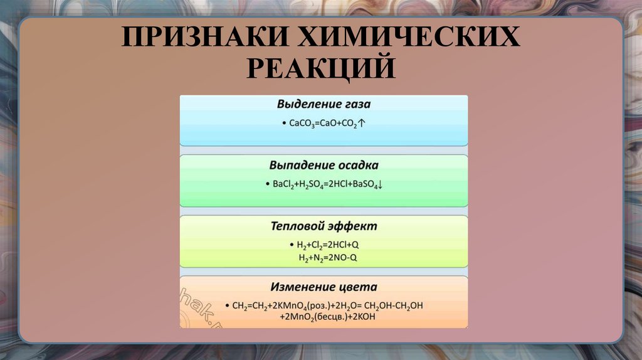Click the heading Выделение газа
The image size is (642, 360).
click(324, 104)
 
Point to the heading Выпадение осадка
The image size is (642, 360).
click(324, 165)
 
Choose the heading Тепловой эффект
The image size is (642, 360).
click(324, 226)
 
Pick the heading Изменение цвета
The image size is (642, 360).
click(324, 287)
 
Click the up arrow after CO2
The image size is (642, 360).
click(362, 124)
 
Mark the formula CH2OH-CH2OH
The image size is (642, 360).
click(392, 306)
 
